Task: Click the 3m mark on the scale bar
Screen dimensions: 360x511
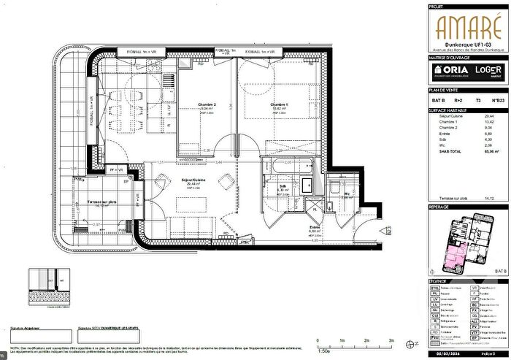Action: click(392, 340)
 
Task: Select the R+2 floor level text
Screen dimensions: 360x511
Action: click(458, 100)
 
